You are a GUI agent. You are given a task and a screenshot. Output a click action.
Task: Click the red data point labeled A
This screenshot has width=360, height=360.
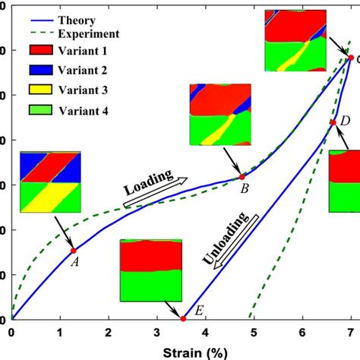73,251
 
